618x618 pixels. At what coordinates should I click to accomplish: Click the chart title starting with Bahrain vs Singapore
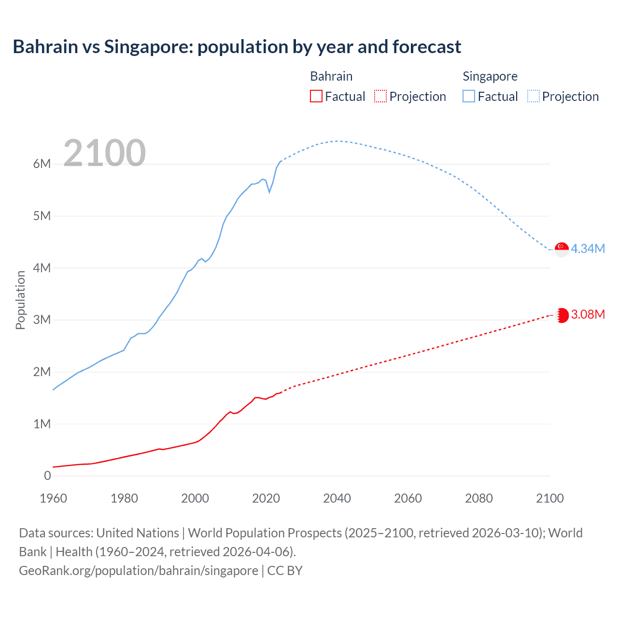[x=237, y=47]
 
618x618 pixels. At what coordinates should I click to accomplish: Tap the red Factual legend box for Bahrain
[x=316, y=96]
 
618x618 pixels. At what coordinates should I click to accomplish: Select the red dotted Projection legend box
[x=380, y=96]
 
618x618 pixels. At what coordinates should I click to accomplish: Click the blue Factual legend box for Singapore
[x=469, y=96]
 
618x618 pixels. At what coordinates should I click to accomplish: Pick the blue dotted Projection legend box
[x=534, y=96]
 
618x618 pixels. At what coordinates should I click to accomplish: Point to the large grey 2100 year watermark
[x=104, y=153]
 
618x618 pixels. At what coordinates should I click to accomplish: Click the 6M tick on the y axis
[x=42, y=164]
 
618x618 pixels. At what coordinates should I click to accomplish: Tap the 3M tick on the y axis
[x=42, y=320]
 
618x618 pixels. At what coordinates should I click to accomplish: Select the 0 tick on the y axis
[x=47, y=476]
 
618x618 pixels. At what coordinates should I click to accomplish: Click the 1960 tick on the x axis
[x=53, y=498]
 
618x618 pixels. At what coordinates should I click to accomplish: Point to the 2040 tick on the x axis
[x=337, y=498]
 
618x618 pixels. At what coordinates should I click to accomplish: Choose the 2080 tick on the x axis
[x=479, y=498]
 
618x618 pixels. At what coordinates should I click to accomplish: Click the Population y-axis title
[x=20, y=300]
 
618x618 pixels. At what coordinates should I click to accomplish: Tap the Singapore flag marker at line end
[x=562, y=250]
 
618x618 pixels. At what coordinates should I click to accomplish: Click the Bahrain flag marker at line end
[x=562, y=315]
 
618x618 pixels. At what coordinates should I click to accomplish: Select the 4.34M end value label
[x=588, y=249]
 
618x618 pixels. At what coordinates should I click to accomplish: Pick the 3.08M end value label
[x=588, y=314]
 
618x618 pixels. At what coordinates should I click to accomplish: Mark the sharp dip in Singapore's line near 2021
[x=269, y=192]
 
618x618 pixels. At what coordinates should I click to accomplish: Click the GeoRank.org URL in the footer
[x=139, y=570]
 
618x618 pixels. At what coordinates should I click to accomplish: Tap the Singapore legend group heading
[x=490, y=76]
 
